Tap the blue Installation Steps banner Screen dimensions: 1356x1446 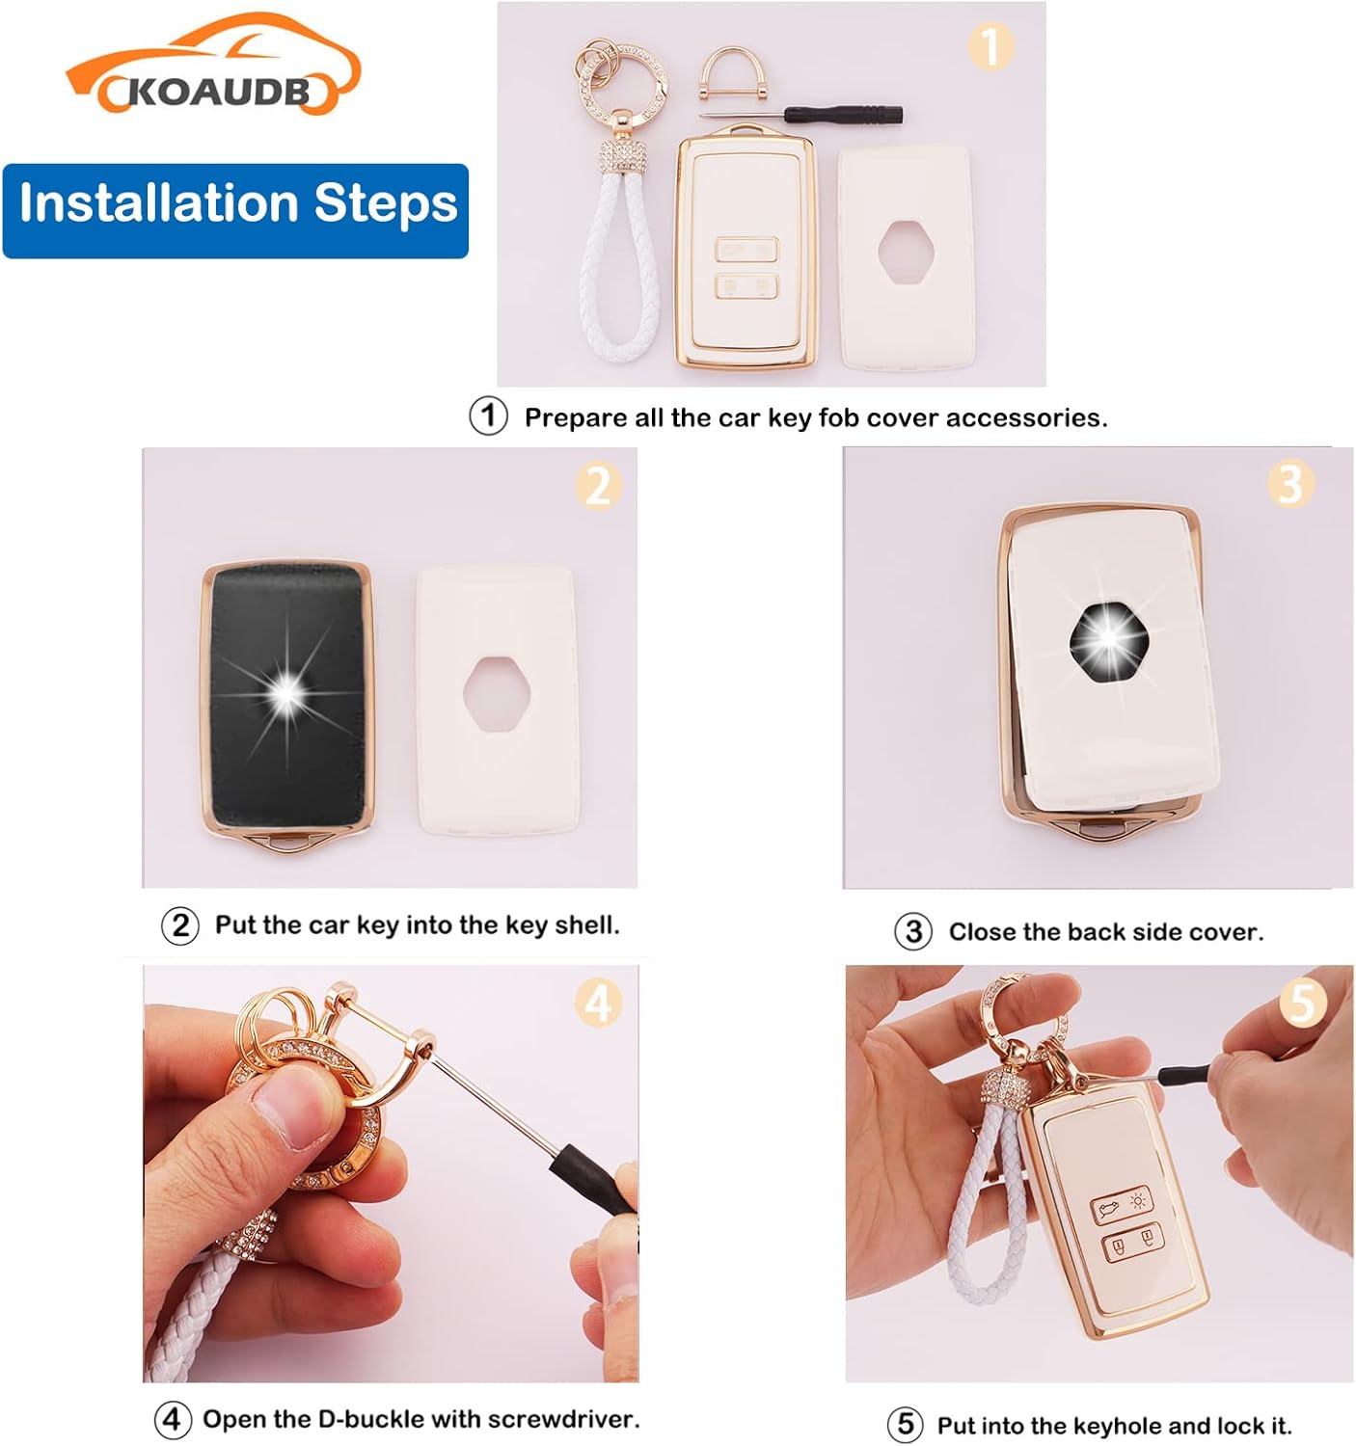(x=235, y=211)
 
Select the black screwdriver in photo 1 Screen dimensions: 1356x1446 (x=801, y=115)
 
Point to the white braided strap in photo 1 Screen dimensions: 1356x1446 (x=619, y=262)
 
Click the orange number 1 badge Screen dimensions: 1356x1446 (x=990, y=46)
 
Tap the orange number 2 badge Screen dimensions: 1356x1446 (x=598, y=486)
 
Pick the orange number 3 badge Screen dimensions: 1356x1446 (x=1290, y=484)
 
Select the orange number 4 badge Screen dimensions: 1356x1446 (x=598, y=1003)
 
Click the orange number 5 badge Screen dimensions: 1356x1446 (x=1304, y=1003)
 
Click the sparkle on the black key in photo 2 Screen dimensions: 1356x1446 (x=286, y=692)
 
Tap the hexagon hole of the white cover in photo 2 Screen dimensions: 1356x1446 (x=497, y=694)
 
